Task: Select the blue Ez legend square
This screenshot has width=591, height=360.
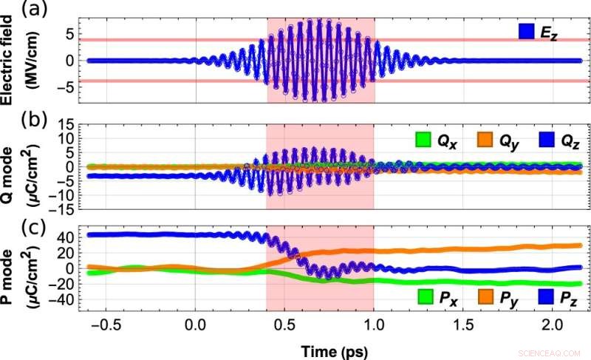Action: pyautogui.click(x=527, y=30)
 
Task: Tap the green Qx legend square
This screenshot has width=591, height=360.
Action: pyautogui.click(x=423, y=138)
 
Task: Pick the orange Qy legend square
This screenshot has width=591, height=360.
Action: pyautogui.click(x=484, y=138)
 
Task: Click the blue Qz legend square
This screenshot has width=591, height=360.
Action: pyautogui.click(x=544, y=138)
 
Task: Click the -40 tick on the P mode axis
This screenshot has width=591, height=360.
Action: pyautogui.click(x=63, y=299)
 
